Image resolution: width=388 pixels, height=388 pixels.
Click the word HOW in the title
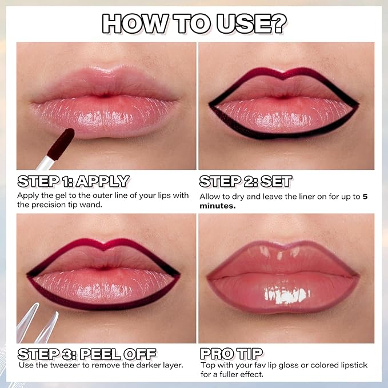click(x=132, y=23)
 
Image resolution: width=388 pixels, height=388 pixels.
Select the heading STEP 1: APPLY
click(x=73, y=182)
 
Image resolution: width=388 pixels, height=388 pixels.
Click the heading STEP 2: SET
click(x=246, y=182)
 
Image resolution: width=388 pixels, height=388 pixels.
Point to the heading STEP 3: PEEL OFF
click(x=87, y=353)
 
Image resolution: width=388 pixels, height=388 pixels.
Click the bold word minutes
click(x=217, y=206)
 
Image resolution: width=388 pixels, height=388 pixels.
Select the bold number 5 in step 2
click(x=364, y=197)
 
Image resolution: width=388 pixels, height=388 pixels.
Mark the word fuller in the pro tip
click(x=229, y=375)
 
